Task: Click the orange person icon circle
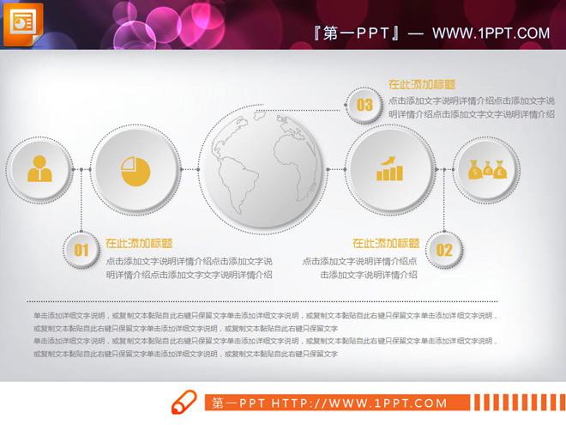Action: tap(39, 169)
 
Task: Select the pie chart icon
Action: tap(135, 170)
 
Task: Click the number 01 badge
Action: tap(81, 250)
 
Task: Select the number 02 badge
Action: tap(443, 250)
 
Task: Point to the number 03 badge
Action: tap(364, 105)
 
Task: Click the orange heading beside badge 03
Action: tap(421, 85)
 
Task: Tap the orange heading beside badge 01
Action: tap(139, 243)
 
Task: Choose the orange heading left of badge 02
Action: tap(386, 243)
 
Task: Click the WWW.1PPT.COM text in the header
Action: tap(491, 33)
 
